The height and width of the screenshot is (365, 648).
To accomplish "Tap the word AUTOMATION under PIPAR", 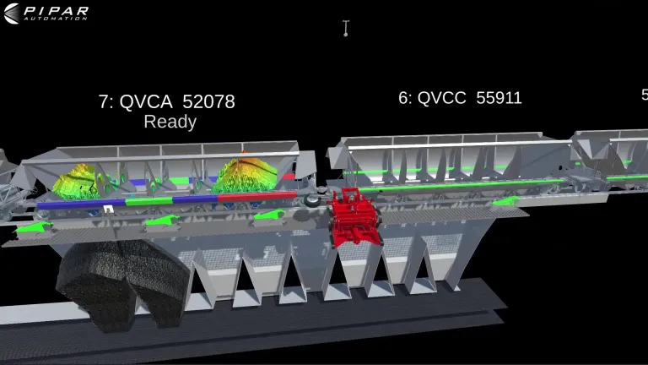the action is point(56,19).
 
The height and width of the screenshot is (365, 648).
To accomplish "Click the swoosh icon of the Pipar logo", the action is point(12,14).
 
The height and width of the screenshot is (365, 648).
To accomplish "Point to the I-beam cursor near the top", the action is point(346,28).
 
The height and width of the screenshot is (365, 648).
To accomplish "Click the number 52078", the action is point(208,101).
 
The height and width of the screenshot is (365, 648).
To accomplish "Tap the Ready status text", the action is point(170,122).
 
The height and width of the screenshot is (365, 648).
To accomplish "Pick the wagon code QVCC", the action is point(442,98).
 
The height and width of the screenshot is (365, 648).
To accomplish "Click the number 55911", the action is point(499,98).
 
